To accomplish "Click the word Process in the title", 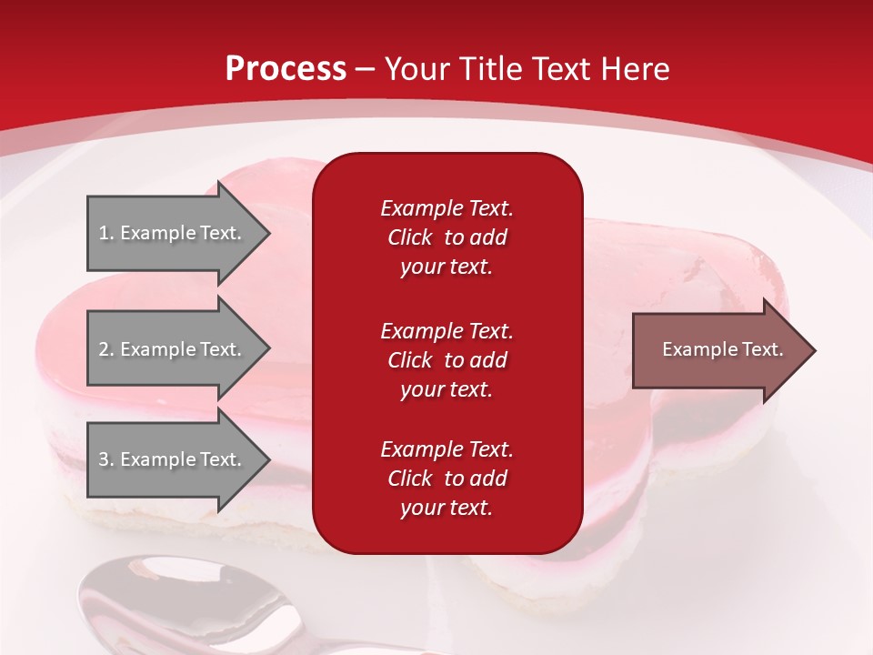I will (286, 69).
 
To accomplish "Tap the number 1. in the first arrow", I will (105, 233).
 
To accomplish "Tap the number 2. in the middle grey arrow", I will (105, 349).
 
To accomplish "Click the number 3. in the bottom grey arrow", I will (105, 459).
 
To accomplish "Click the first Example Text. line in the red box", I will (447, 208).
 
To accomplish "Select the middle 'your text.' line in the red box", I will (447, 389).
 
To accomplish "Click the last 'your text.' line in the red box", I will (447, 509).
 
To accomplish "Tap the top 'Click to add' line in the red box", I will (447, 237).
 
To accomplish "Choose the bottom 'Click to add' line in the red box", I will (447, 479).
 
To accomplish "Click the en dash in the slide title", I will (365, 69).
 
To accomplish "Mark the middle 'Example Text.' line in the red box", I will (447, 331).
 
